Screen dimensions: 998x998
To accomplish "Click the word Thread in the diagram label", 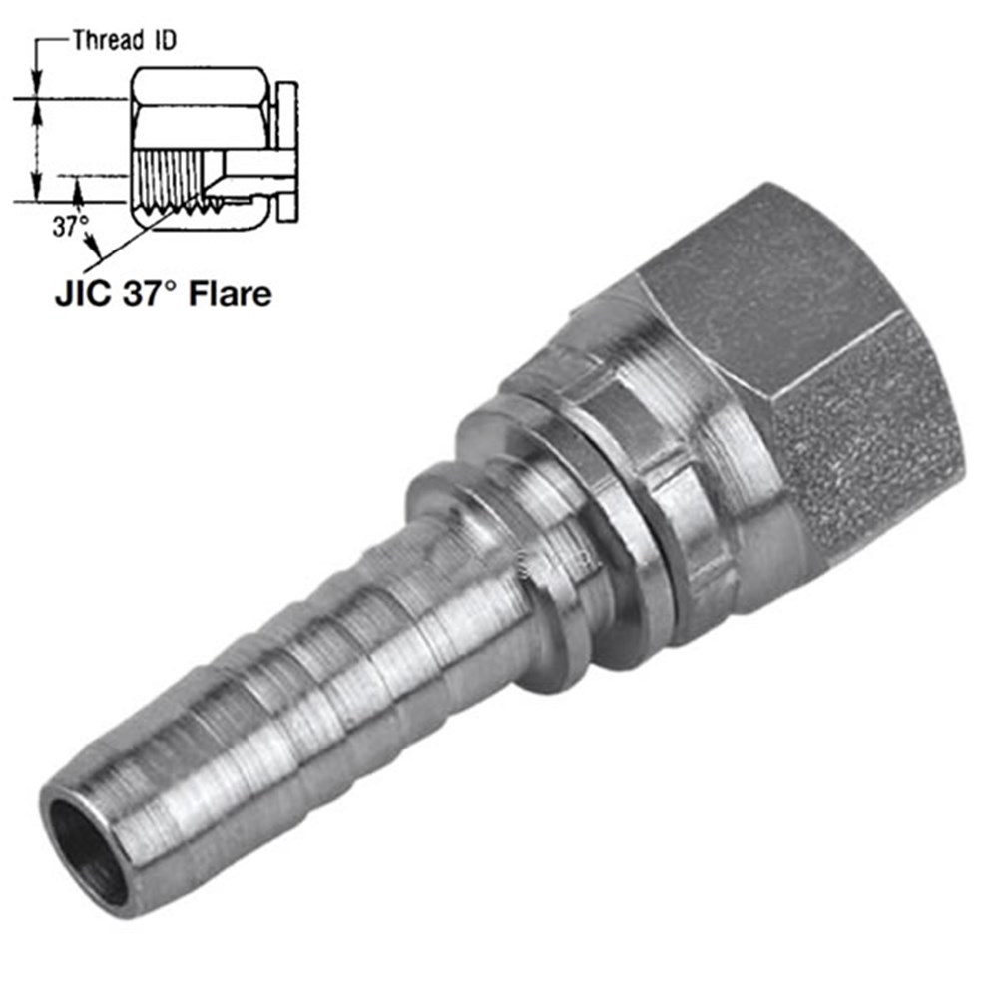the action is click(108, 40).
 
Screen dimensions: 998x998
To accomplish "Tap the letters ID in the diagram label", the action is click(164, 40).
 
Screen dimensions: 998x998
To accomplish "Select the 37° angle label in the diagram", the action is click(70, 226).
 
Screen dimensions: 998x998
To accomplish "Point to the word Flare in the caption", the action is click(231, 294).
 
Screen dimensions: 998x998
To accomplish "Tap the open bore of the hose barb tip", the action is click(86, 851).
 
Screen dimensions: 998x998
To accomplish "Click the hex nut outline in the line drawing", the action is click(200, 107).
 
